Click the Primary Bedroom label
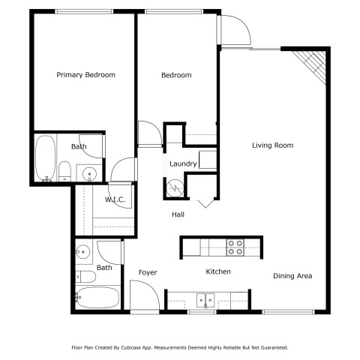click(85, 75)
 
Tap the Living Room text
click(272, 145)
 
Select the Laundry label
click(183, 163)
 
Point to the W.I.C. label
click(115, 199)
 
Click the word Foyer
click(148, 272)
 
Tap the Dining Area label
click(292, 276)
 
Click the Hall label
click(178, 214)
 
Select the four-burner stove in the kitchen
click(235, 247)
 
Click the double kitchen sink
click(205, 300)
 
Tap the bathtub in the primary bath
click(45, 158)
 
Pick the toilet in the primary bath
click(64, 171)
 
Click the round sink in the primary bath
click(89, 173)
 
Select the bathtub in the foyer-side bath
click(97, 298)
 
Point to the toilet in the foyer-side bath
click(85, 277)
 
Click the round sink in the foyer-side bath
click(83, 252)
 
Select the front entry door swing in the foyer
click(145, 295)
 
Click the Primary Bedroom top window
click(84, 11)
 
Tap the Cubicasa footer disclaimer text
click(180, 347)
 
